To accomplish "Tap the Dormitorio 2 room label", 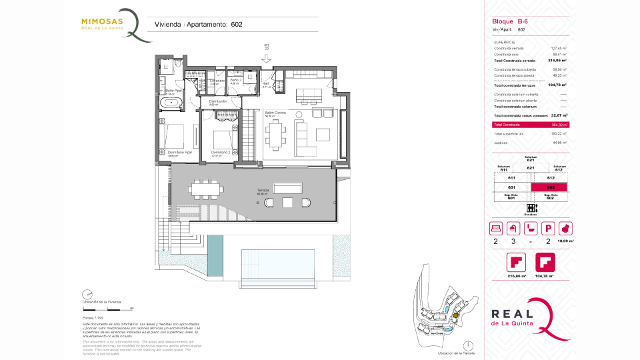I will [221, 152].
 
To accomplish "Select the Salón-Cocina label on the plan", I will [275, 113].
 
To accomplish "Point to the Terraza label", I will [263, 191].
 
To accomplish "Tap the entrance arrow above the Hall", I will [267, 59].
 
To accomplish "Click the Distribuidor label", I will [218, 101].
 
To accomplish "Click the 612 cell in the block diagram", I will [550, 178].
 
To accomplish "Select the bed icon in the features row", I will [495, 228].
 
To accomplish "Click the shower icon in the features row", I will [513, 228].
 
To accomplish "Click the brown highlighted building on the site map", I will [455, 317].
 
